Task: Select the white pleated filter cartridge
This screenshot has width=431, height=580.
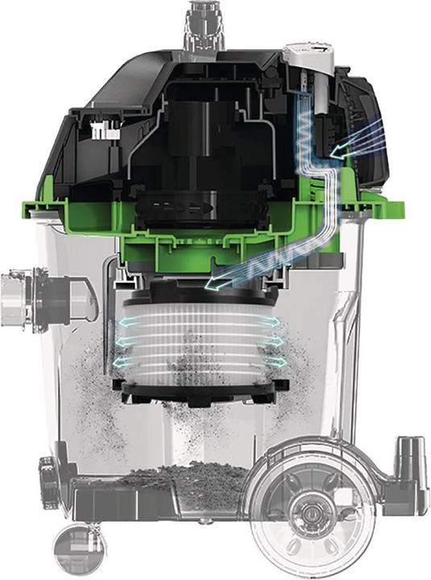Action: coord(198,342)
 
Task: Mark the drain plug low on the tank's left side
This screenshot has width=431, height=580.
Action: coord(46,468)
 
